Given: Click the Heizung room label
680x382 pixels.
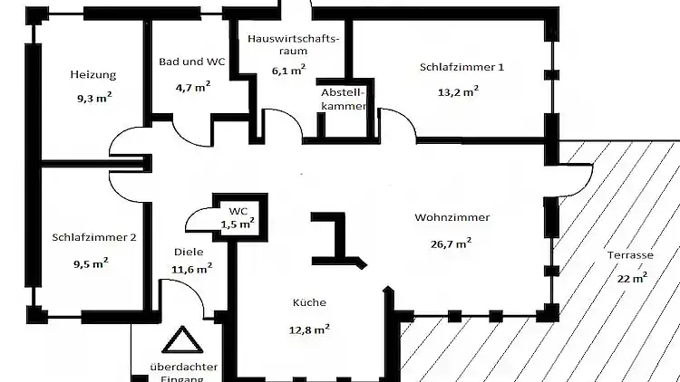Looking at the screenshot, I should (93, 74).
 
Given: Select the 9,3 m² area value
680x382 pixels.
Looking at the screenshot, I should (93, 93).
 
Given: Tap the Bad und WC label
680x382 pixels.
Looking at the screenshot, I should (191, 62).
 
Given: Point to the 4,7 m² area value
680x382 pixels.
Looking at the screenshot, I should (192, 88).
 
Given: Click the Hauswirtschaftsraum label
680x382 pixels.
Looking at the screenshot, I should (293, 45).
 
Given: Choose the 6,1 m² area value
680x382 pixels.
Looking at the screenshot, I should (289, 71).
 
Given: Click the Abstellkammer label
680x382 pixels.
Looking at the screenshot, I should (344, 100).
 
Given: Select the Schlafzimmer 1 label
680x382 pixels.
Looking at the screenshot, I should (461, 67).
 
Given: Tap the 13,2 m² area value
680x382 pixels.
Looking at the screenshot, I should (458, 91).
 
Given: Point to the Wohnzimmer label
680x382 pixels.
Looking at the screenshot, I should (452, 218).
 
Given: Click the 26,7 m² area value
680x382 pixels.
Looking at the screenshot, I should (451, 243).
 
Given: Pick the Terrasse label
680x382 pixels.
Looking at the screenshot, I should (629, 256).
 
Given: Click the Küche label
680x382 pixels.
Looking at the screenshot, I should (308, 303).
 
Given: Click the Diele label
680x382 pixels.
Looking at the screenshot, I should (189, 253).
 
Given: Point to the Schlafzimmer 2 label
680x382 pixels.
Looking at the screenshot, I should (94, 237).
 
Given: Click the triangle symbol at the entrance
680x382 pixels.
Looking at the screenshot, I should (179, 341).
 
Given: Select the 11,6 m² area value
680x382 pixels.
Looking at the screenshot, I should (192, 268).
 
